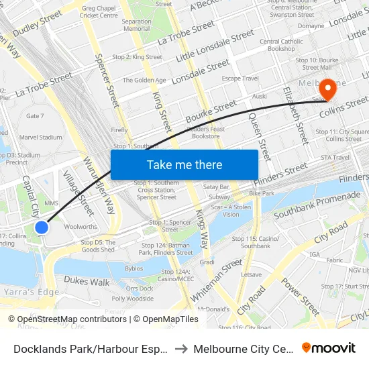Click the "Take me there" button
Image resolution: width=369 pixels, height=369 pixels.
184,164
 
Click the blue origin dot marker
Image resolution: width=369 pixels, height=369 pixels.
42,227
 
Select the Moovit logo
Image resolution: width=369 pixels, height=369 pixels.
329,348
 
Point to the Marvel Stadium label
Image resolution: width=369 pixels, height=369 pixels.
40,138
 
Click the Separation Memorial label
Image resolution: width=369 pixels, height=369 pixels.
136,25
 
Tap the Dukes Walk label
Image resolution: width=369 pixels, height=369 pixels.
91,282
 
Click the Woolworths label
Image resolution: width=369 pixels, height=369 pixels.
81,227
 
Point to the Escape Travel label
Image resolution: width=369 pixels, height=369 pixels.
240,78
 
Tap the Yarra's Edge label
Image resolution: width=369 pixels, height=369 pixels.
31,293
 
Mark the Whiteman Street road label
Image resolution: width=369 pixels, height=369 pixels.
215,280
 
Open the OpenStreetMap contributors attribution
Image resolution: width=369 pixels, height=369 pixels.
68,319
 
